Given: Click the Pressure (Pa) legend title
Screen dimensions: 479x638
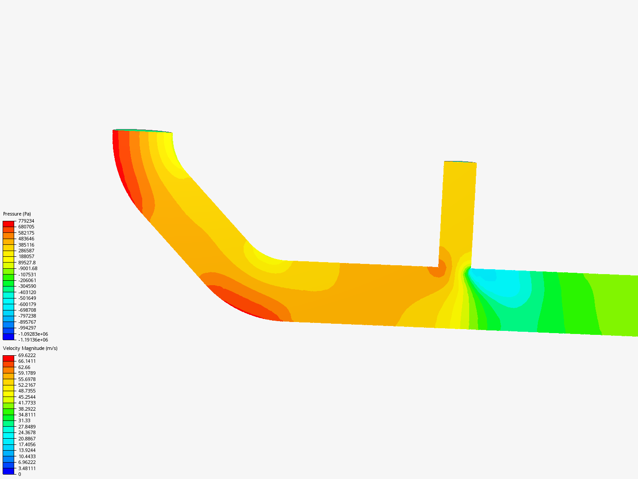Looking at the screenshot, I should (x=17, y=214).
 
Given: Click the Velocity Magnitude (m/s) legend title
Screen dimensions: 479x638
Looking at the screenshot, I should (x=30, y=348).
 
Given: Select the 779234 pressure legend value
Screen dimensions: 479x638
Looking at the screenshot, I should (x=26, y=221).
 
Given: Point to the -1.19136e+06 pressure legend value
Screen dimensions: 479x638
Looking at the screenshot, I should (x=33, y=340).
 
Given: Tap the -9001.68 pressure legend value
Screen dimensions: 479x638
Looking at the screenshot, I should (x=27, y=268).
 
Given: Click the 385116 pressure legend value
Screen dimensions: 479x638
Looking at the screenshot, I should (x=26, y=245).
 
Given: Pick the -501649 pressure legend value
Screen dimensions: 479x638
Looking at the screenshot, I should (x=27, y=298).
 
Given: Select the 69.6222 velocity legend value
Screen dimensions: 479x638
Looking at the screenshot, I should (x=27, y=355).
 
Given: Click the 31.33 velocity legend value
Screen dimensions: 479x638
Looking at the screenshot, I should (x=24, y=420).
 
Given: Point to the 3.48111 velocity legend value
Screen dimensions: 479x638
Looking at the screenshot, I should (x=27, y=468).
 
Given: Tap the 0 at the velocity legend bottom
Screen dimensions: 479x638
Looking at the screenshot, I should (x=19, y=474).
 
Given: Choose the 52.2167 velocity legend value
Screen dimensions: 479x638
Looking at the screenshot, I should (x=27, y=385).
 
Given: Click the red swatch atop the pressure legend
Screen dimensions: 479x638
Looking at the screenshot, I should (x=8, y=224).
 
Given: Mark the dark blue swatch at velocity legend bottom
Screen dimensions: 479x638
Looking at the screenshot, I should (x=8, y=471).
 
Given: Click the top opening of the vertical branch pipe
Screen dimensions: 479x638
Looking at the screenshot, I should (x=460, y=162).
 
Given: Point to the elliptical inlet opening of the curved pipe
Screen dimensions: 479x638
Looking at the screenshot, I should (x=142, y=131).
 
